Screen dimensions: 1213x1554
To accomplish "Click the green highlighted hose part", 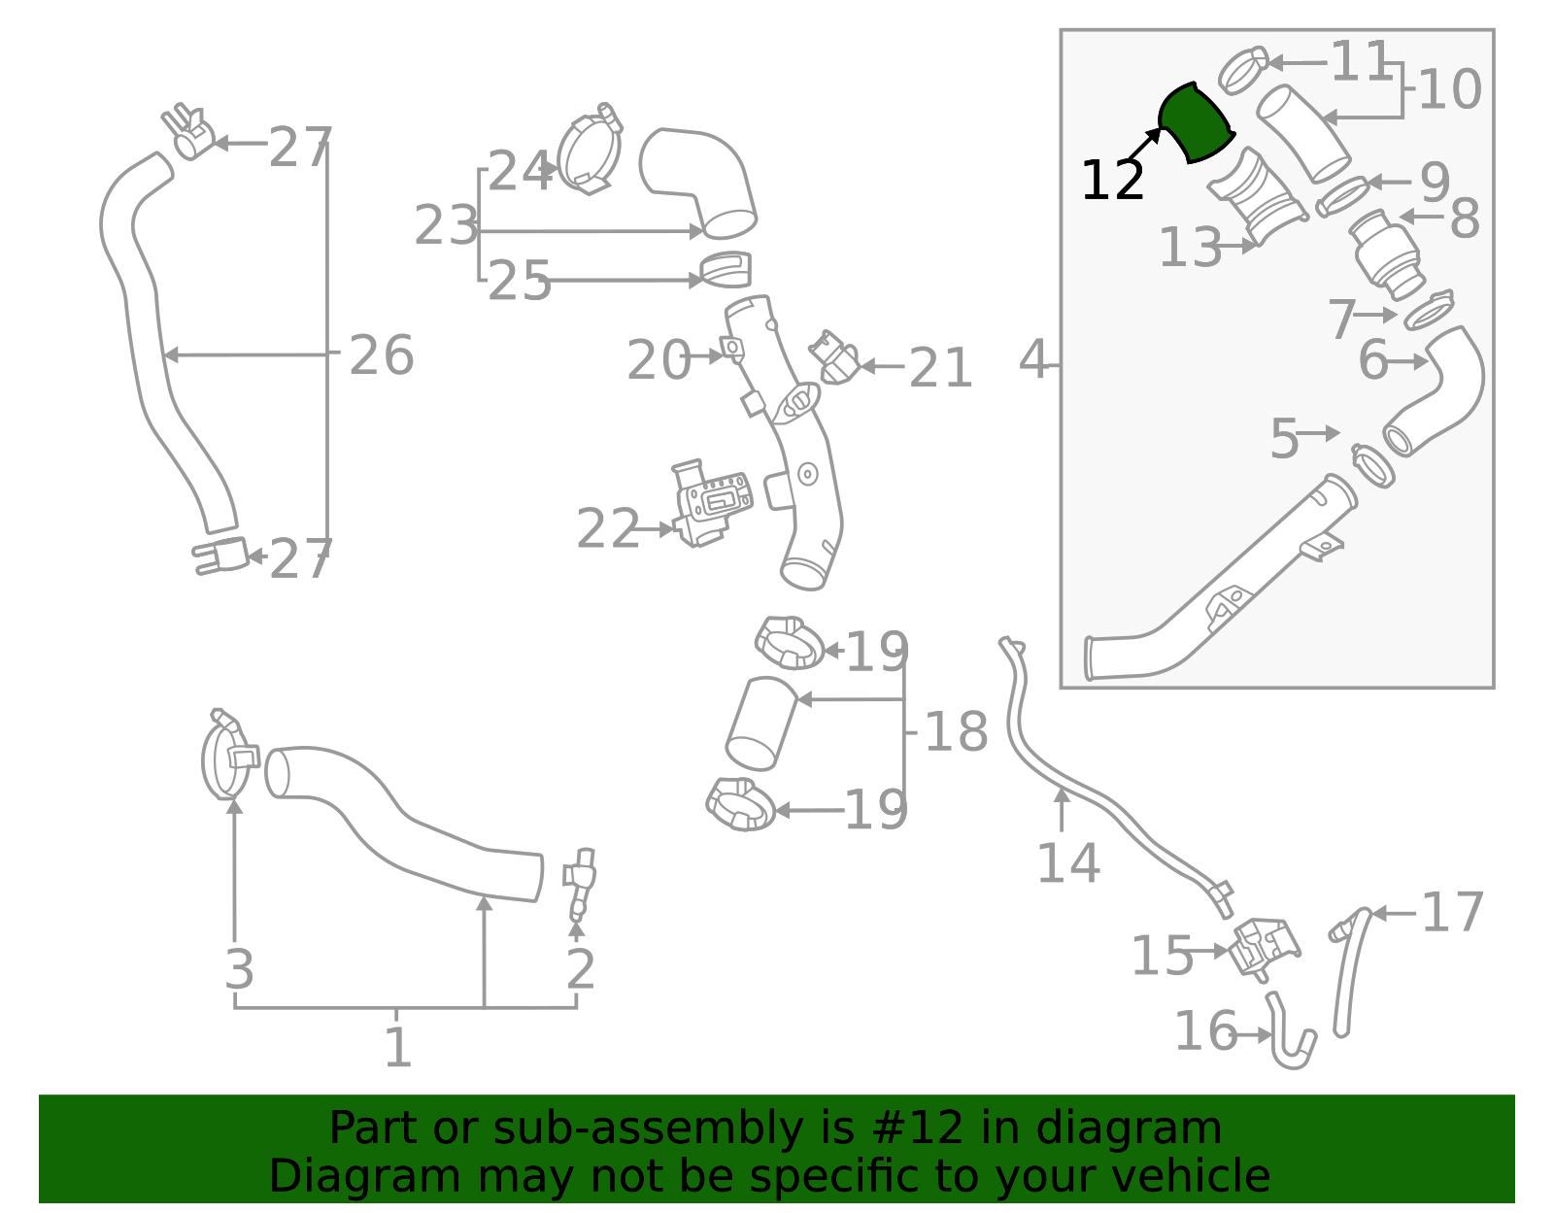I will tap(1196, 123).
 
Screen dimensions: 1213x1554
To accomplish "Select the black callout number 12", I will tap(1112, 181).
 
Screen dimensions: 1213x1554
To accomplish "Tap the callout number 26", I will tap(382, 355).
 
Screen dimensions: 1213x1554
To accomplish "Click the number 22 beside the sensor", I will tap(608, 529).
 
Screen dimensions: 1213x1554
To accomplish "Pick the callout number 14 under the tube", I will tap(1068, 862).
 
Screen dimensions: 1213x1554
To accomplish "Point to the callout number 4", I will tap(1033, 360).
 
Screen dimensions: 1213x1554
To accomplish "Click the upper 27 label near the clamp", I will tap(300, 148).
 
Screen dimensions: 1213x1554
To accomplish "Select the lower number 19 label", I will tap(875, 810).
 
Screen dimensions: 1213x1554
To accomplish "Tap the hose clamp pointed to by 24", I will tap(590, 152).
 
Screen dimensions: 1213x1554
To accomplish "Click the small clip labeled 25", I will tap(726, 270).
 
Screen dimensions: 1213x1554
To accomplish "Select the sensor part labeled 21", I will tap(835, 359).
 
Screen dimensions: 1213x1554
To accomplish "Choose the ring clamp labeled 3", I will tap(227, 758).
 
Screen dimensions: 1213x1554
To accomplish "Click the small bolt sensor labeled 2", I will tap(582, 882).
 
